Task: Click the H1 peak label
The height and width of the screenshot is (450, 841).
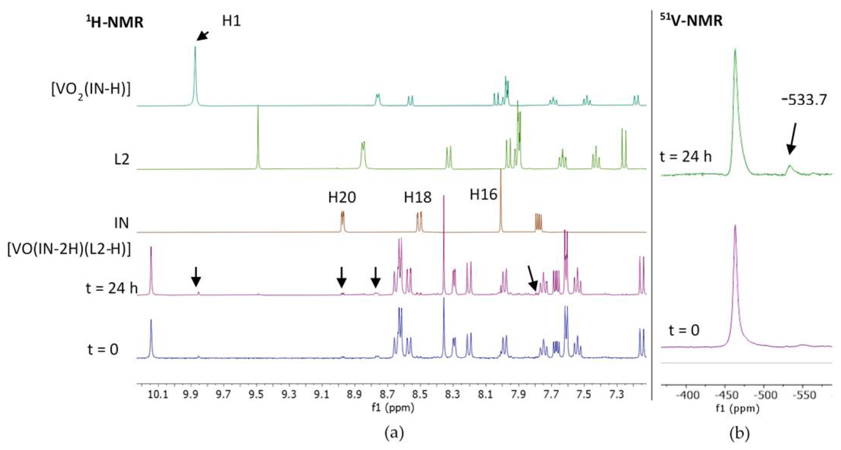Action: click(232, 21)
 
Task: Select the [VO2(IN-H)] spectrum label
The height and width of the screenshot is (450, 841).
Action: click(91, 89)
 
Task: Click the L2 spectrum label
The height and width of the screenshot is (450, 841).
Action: click(122, 159)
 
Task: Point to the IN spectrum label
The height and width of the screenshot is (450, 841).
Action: click(121, 223)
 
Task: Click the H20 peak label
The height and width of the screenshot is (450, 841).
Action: click(342, 197)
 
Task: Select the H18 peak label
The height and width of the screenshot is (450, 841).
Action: click(418, 197)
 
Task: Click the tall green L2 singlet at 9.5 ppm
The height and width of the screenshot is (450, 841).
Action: click(258, 137)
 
